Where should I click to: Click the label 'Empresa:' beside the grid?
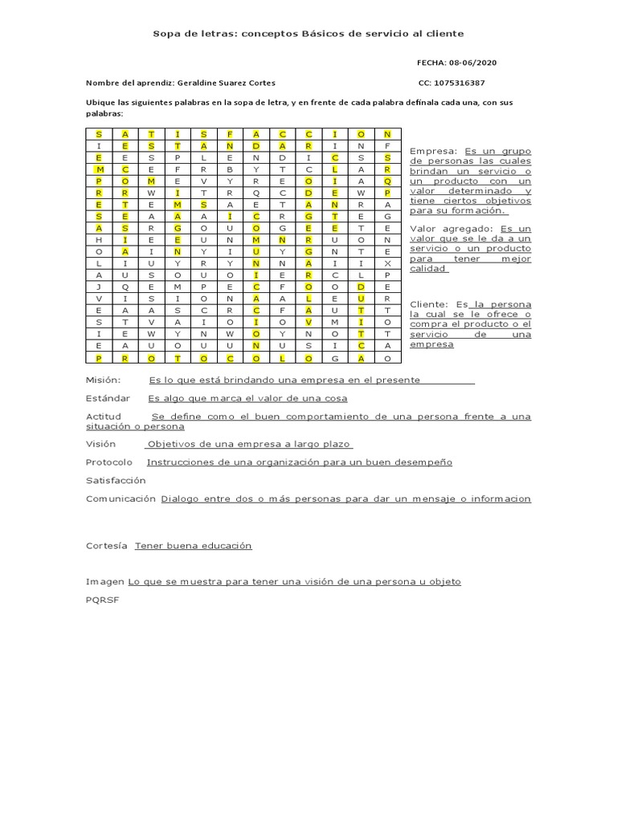(x=433, y=151)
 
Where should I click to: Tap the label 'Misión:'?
(x=103, y=380)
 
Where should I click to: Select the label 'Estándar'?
(x=107, y=398)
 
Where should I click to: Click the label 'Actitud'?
(x=103, y=417)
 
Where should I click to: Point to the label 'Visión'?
(x=100, y=444)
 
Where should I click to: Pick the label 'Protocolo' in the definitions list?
(x=109, y=462)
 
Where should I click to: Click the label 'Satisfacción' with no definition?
(x=116, y=480)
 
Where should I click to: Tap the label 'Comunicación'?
(x=121, y=498)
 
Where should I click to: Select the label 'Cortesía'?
(x=107, y=546)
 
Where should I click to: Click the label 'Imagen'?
(x=104, y=582)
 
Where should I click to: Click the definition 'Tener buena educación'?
(x=193, y=546)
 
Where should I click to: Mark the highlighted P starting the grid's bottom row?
(x=98, y=358)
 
